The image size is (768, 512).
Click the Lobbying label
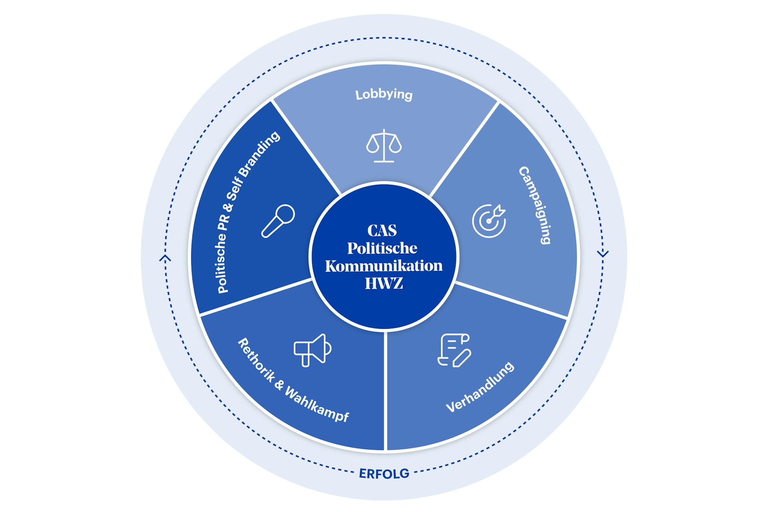tap(384, 94)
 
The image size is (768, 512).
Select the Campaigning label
tap(535, 205)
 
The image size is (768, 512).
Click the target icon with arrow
tap(489, 221)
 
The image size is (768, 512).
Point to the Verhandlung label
tap(480, 387)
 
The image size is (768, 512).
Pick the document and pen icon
tap(454, 350)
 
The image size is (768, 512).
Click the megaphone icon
tap(312, 350)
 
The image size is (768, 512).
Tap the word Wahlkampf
tap(317, 405)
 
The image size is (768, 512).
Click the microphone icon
tap(278, 221)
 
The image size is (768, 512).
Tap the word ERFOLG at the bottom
tap(384, 474)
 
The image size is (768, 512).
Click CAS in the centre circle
tap(382, 230)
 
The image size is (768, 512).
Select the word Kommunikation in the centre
tap(384, 266)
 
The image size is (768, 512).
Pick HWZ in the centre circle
tap(384, 283)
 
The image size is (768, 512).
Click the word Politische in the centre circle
tap(382, 248)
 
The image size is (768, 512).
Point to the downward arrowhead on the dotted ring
tap(603, 253)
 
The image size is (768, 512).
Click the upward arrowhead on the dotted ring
tap(165, 258)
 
